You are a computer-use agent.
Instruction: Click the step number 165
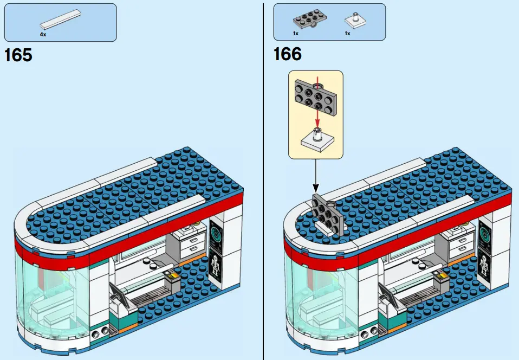tap(18, 55)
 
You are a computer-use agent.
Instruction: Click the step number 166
tap(287, 55)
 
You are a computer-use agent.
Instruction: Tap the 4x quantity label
tap(43, 34)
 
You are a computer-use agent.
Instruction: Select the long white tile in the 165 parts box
tap(59, 21)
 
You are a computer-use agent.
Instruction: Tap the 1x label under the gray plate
tap(296, 34)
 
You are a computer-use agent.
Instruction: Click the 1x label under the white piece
tap(347, 34)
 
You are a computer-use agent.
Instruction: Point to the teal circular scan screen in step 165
tap(217, 234)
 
